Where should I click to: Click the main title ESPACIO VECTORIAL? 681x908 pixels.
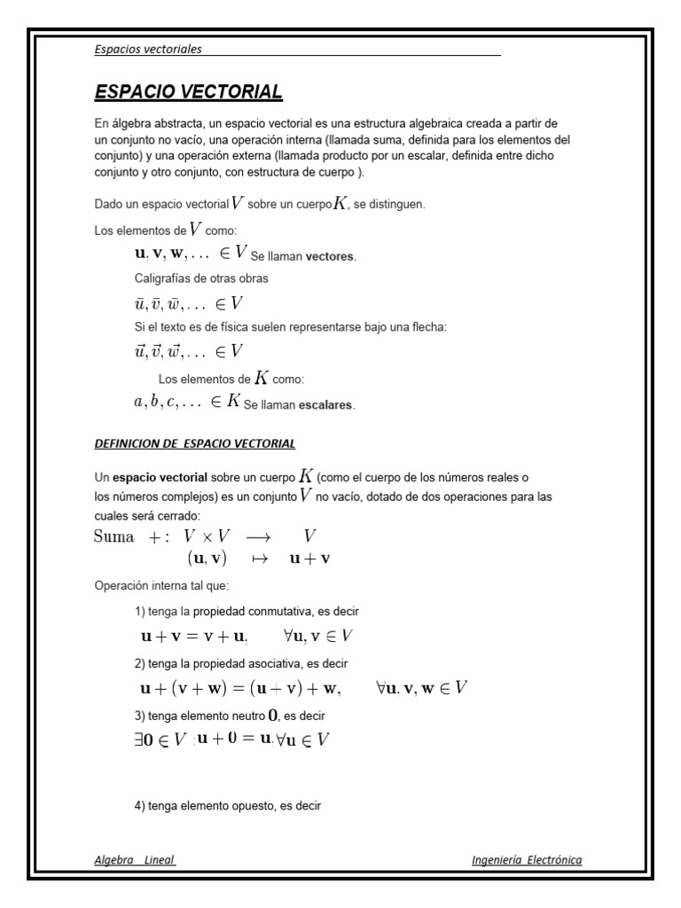[x=188, y=92]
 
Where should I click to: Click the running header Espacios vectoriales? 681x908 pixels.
[x=148, y=49]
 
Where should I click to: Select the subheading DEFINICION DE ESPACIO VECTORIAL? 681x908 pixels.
[x=195, y=442]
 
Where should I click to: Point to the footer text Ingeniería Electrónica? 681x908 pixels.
[x=527, y=859]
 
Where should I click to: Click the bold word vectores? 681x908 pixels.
[x=330, y=257]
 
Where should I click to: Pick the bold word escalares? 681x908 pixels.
[x=327, y=405]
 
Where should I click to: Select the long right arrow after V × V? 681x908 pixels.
[x=263, y=537]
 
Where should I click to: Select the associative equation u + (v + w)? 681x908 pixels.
[x=239, y=687]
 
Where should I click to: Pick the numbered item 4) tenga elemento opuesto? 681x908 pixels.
[x=227, y=806]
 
